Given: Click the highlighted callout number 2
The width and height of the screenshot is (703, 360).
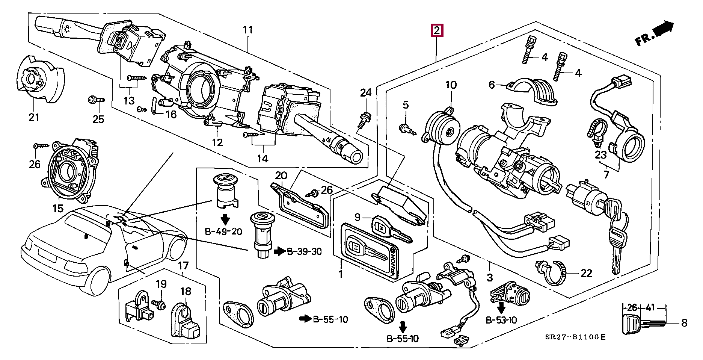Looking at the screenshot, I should tap(437, 30).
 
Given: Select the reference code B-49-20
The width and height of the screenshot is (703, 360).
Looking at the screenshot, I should tap(223, 231).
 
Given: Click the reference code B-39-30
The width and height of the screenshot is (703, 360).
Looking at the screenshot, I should tap(304, 251).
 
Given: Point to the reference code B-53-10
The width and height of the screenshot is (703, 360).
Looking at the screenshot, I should tap(501, 320).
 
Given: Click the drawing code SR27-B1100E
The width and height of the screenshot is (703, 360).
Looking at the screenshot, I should tap(575, 337).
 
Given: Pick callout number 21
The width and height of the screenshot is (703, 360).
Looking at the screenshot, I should tap(34, 117).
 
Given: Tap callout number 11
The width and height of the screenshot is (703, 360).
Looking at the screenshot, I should tap(248, 30).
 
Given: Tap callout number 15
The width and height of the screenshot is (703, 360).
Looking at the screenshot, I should tap(58, 208).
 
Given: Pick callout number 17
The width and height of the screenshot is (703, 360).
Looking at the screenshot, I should tap(183, 266).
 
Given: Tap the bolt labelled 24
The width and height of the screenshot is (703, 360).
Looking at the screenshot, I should tap(364, 119).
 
